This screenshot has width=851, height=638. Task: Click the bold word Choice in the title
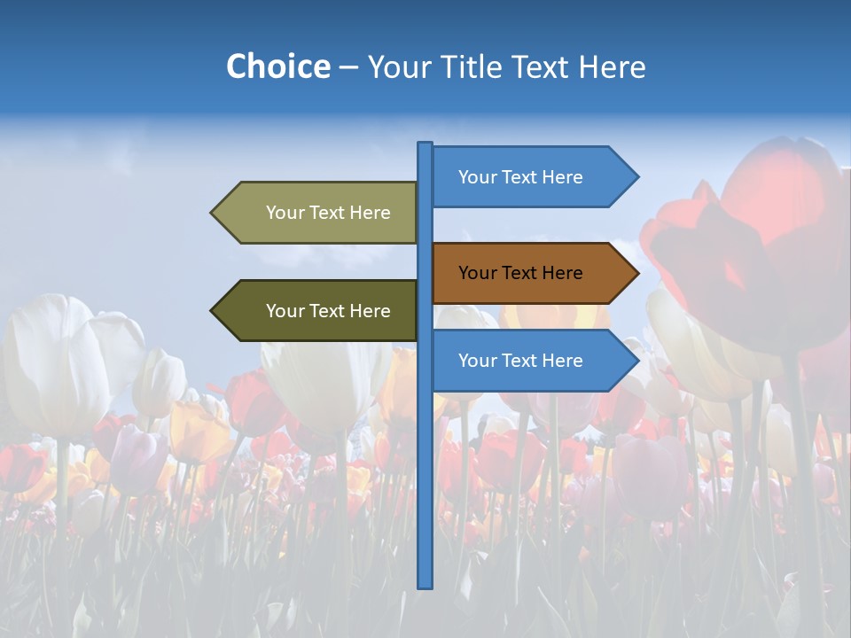point(277,66)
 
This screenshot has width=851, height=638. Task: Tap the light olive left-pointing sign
point(319,213)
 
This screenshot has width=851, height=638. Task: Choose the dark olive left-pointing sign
point(319,311)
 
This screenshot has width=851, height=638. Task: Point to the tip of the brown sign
point(636,273)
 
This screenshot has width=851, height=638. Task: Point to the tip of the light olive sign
point(213,213)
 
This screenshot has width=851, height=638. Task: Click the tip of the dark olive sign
point(213,311)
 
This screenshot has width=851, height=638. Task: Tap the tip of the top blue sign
point(636,177)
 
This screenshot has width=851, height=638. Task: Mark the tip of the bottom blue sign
point(636,361)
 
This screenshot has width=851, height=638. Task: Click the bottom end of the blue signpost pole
point(425,585)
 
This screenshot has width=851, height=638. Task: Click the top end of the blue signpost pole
point(425,144)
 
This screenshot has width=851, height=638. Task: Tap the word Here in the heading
point(612,66)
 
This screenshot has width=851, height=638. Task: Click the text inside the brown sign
point(520,273)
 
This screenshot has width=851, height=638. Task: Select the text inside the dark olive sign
point(328,311)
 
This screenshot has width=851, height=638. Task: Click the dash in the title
point(348,68)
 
